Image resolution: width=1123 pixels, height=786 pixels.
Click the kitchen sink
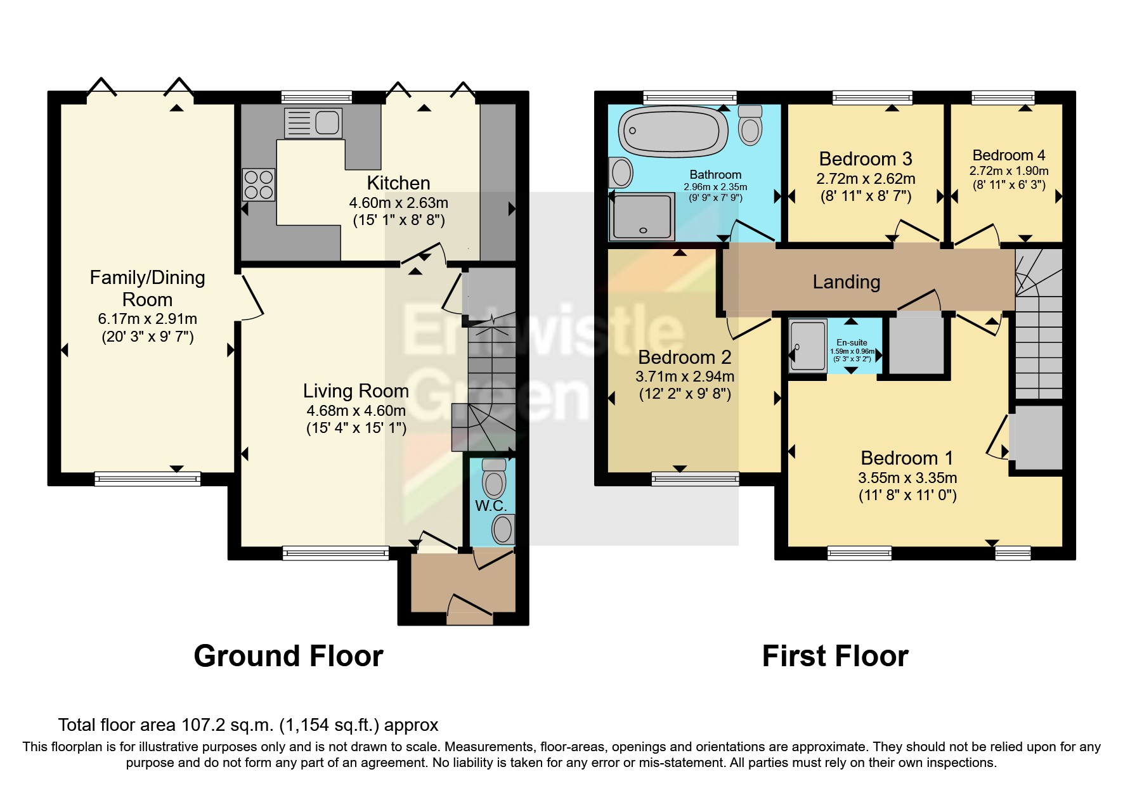pyautogui.click(x=314, y=123)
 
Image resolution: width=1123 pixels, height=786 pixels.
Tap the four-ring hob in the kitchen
pyautogui.click(x=259, y=184)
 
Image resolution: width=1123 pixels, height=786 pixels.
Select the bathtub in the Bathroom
pyautogui.click(x=674, y=131)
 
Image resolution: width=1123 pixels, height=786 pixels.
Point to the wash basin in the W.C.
pyautogui.click(x=503, y=529)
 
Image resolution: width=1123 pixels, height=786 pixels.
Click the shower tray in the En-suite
pyautogui.click(x=808, y=346)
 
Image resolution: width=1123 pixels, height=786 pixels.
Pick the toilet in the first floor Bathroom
pyautogui.click(x=751, y=125)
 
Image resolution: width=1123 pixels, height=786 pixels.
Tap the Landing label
pyautogui.click(x=846, y=282)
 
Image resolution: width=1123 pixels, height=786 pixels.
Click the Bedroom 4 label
pyautogui.click(x=1008, y=155)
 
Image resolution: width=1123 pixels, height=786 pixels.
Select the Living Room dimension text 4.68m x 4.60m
pyautogui.click(x=356, y=410)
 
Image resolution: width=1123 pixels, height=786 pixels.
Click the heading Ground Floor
pyautogui.click(x=289, y=656)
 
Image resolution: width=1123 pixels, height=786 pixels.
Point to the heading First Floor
pyautogui.click(x=834, y=656)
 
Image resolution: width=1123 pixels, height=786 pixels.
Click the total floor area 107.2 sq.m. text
pyautogui.click(x=248, y=725)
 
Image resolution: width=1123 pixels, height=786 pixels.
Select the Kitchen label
pyautogui.click(x=398, y=183)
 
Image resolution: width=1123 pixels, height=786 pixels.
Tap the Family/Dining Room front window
pyautogui.click(x=147, y=479)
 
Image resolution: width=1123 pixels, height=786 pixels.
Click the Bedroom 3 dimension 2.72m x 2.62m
pyautogui.click(x=866, y=179)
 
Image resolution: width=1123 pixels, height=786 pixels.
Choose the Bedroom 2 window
pyautogui.click(x=695, y=479)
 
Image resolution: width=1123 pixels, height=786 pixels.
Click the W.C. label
pyautogui.click(x=490, y=506)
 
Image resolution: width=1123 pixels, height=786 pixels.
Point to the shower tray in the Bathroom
pyautogui.click(x=641, y=217)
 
